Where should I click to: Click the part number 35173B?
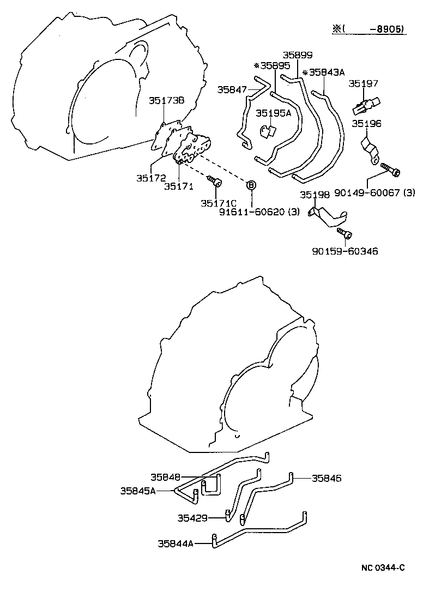click(x=167, y=100)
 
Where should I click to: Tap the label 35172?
click(x=151, y=178)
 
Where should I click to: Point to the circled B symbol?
click(x=252, y=185)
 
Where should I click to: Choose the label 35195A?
click(x=274, y=113)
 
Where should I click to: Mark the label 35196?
click(x=366, y=124)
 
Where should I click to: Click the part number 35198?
click(x=315, y=195)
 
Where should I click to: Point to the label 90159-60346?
click(x=345, y=251)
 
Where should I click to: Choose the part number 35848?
click(x=166, y=477)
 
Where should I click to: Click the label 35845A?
click(x=138, y=491)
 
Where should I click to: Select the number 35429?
click(x=192, y=517)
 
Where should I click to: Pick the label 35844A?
click(x=176, y=543)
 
